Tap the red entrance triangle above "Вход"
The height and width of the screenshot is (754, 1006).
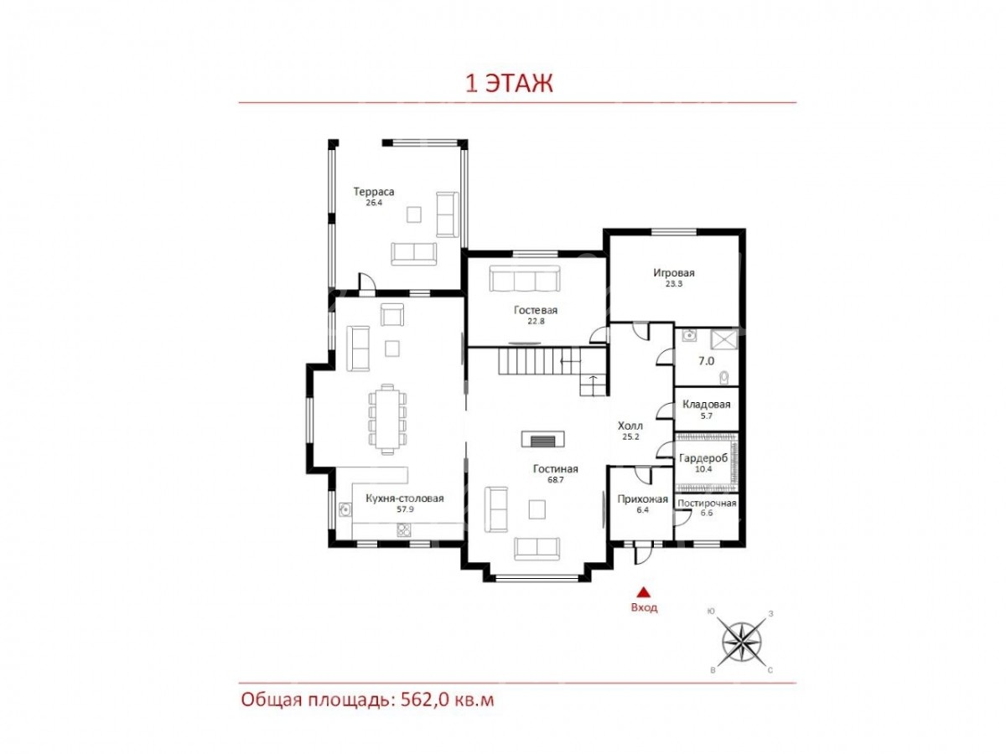click(644, 592)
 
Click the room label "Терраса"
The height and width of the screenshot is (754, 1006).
click(374, 191)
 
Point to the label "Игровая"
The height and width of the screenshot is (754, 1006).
click(674, 273)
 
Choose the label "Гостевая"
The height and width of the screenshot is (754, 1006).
click(536, 310)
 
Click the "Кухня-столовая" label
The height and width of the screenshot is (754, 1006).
click(405, 498)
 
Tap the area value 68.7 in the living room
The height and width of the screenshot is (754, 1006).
click(555, 480)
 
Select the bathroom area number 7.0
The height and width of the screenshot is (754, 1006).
click(706, 361)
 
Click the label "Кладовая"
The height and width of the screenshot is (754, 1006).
click(706, 405)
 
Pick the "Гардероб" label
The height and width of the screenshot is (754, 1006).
click(703, 457)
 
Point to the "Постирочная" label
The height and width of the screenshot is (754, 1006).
click(707, 504)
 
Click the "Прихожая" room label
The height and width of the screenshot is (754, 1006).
click(642, 499)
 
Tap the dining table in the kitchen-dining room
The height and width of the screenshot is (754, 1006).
click(387, 419)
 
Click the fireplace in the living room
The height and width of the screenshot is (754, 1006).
click(542, 439)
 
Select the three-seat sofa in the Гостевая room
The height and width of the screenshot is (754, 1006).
click(524, 278)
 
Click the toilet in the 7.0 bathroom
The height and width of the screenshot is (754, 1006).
click(723, 378)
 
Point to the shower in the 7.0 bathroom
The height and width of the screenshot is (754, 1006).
click(724, 339)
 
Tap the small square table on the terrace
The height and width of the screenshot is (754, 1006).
click(414, 214)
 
